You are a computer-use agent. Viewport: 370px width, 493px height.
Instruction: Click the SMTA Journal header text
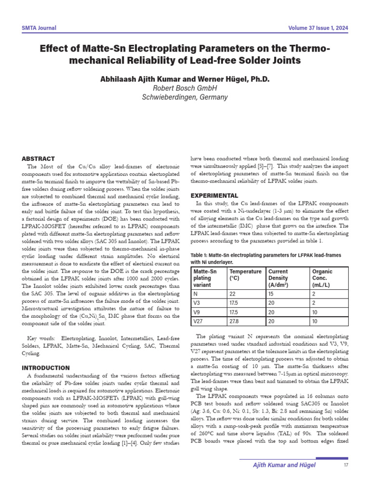39,28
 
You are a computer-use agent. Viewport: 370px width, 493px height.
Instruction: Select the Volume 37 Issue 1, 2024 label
318,28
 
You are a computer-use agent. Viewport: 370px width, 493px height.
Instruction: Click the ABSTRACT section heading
39,159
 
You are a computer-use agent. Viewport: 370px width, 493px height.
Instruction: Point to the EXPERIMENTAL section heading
214,195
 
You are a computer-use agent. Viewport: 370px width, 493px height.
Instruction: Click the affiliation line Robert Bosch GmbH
185,88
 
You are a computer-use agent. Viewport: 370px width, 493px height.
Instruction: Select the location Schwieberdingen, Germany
185,97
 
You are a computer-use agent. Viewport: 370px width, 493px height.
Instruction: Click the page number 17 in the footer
345,465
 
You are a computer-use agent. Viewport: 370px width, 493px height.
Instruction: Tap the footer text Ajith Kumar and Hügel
285,465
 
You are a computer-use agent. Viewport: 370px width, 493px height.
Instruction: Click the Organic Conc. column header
322,275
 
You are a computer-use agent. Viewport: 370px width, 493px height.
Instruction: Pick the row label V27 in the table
198,321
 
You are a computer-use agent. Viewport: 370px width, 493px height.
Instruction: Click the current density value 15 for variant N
271,294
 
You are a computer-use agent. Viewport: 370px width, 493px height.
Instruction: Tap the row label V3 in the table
197,303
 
